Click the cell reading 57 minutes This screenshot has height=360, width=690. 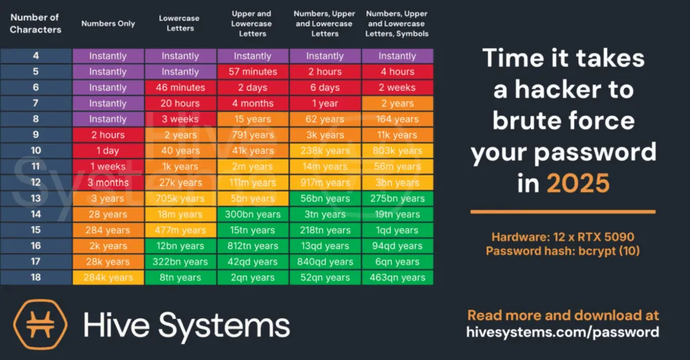coord(253,71)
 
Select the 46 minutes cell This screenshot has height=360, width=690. coord(180,88)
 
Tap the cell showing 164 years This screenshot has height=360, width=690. coord(397,119)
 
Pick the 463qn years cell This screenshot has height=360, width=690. coord(397,277)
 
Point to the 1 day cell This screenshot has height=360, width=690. coord(108,151)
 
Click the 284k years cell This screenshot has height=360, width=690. coord(108,277)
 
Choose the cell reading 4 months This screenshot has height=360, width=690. coord(253,103)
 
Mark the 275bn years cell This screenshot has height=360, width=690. coord(397,198)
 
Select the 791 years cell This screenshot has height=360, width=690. coord(253,135)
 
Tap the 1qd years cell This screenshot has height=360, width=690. coord(397,230)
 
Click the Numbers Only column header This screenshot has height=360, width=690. coord(108,24)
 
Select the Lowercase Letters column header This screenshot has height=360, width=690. coord(180,24)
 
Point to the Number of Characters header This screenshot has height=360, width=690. coord(35,24)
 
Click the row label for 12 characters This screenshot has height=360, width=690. coord(36,183)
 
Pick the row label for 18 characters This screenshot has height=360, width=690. coord(36,277)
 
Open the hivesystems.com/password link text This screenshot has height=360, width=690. coord(562,332)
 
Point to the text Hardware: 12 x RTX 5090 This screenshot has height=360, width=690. coord(562,237)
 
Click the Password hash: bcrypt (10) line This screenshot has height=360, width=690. coord(562,251)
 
